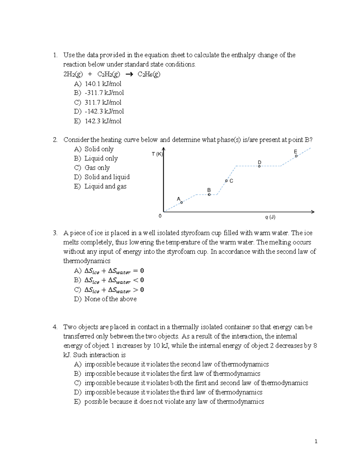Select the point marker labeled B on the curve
[x=209, y=194]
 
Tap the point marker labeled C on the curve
[x=226, y=181]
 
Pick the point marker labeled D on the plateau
[x=259, y=166]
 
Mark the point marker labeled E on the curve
[x=296, y=156]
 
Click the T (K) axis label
[x=157, y=154]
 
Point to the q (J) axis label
[x=270, y=217]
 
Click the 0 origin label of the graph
[x=160, y=216]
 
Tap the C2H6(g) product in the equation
[x=149, y=74]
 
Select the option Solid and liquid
[x=107, y=177]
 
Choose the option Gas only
[x=97, y=168]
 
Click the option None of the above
[x=110, y=299]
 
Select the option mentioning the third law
[x=173, y=392]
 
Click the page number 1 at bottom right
[x=316, y=441]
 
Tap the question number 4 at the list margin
[x=55, y=327]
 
